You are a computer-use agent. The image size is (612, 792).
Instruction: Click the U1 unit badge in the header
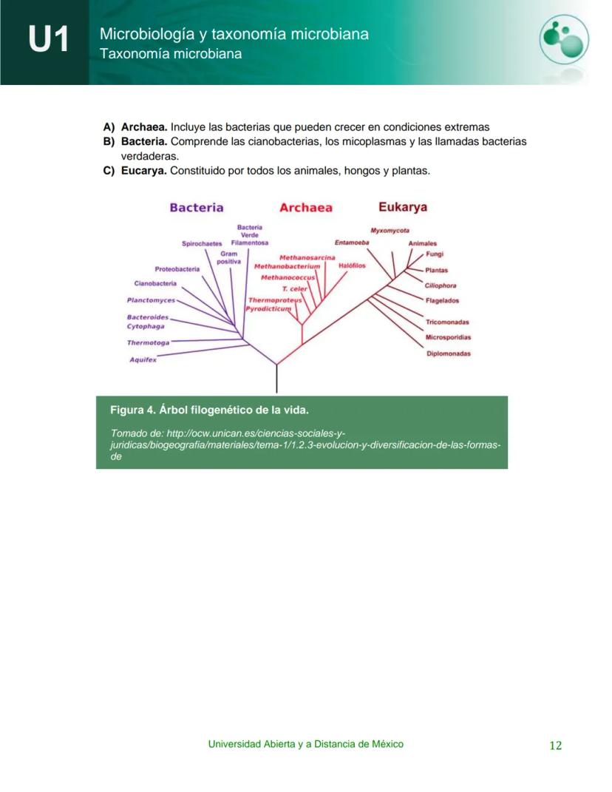point(50,38)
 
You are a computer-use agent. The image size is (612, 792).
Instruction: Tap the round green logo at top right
point(563,38)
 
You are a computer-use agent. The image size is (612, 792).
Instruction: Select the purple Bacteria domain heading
point(197,208)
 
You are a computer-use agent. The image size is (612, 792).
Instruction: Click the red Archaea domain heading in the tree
point(305,209)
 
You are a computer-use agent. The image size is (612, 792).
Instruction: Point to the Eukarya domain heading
point(403,207)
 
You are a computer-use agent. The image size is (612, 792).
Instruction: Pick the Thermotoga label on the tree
point(148,343)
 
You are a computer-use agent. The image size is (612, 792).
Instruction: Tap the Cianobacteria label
point(155,283)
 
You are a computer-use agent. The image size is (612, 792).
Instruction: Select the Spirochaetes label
point(202,243)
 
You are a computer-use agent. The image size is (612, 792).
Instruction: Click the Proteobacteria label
point(177,269)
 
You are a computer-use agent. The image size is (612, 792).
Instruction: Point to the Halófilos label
point(352,265)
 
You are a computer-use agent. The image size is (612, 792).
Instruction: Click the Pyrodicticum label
point(269,309)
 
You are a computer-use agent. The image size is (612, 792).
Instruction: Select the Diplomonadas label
point(448,353)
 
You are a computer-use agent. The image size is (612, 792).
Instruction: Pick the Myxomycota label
point(390,230)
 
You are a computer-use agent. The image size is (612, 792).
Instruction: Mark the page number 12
point(555,745)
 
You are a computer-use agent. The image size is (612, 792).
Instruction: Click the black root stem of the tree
point(276,379)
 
